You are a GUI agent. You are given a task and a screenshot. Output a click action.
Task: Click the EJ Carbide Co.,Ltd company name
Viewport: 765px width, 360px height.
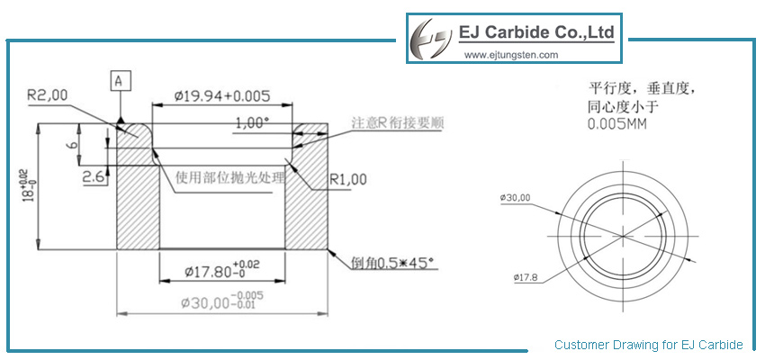(x=536, y=33)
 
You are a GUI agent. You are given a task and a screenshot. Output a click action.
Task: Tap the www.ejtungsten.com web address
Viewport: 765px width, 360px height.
(x=511, y=55)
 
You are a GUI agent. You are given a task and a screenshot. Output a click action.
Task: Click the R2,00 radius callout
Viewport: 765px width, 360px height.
(x=47, y=93)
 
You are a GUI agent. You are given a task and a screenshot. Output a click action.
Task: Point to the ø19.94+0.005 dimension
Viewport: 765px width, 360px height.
(x=222, y=94)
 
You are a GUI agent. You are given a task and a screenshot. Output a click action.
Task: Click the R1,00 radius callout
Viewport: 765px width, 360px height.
(x=348, y=179)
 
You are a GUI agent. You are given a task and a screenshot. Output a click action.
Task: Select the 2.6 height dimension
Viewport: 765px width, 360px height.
(x=94, y=177)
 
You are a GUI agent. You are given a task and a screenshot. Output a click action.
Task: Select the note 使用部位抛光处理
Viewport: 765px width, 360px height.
(x=229, y=176)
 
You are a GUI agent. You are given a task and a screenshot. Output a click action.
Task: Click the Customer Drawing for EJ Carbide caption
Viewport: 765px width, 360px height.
(x=648, y=345)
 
